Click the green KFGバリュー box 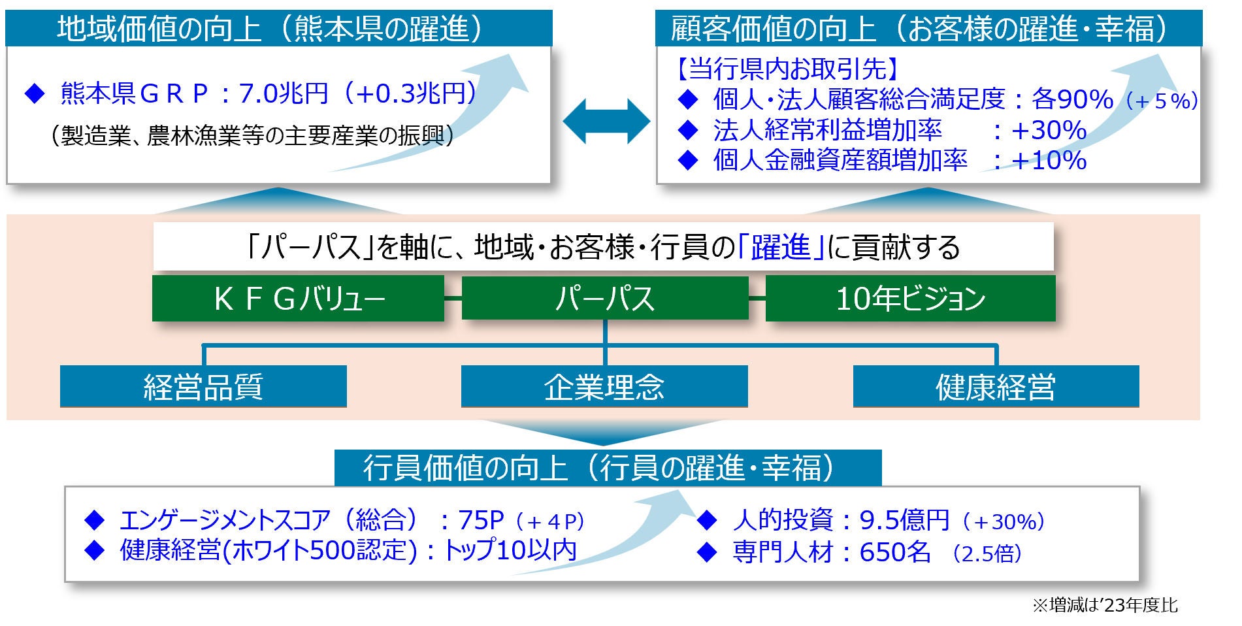(x=298, y=299)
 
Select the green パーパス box (x=604, y=299)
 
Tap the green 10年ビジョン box (x=910, y=299)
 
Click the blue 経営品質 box (x=203, y=386)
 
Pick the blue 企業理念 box (x=604, y=386)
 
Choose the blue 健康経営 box (x=996, y=386)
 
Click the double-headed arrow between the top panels (x=606, y=122)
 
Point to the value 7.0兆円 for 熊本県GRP (x=283, y=94)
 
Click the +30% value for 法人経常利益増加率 (x=1049, y=131)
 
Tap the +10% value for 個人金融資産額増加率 (x=1049, y=160)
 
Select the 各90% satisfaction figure (x=1072, y=99)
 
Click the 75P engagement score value (x=481, y=521)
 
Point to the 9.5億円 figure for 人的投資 (x=904, y=521)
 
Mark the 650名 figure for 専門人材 (x=895, y=553)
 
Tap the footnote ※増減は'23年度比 (x=1105, y=606)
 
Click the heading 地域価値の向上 (x=159, y=29)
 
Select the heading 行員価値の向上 (x=465, y=468)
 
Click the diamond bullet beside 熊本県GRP (x=34, y=94)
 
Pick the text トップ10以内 (x=510, y=550)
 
